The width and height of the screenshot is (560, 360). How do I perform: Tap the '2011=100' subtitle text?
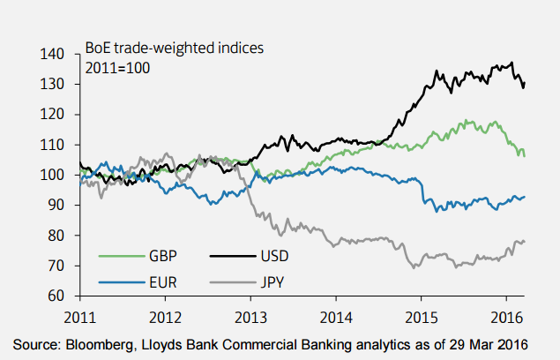point(118,67)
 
